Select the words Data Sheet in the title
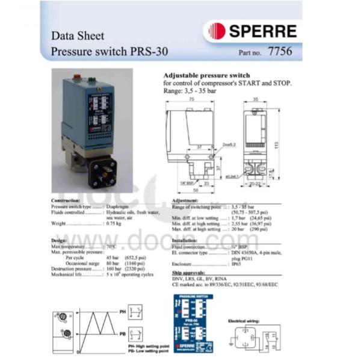(78, 35)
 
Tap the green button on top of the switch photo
(91, 79)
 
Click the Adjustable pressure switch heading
(203, 76)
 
